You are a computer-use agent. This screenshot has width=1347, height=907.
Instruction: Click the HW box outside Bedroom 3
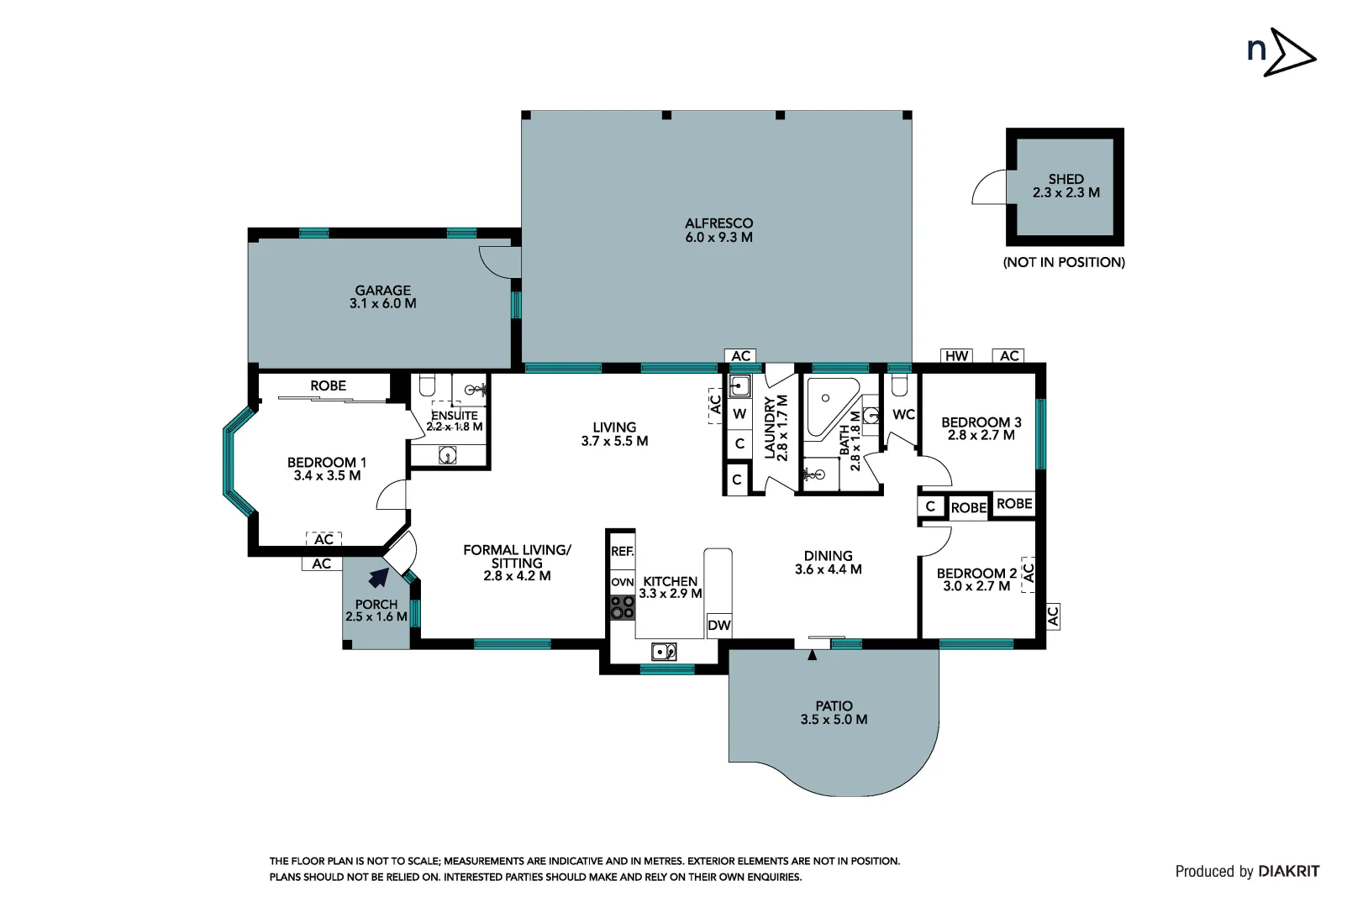tap(956, 356)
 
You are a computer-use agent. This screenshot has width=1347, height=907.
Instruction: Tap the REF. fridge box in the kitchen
tap(622, 551)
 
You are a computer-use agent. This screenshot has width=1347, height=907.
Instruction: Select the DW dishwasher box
tap(719, 625)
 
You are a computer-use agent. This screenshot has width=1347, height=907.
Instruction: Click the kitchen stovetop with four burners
tap(623, 607)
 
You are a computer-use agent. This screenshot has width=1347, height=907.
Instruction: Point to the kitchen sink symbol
tap(664, 651)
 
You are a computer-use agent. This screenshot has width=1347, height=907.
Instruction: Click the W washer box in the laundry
tap(739, 413)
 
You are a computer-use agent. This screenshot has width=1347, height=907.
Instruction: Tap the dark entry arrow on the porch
tap(379, 577)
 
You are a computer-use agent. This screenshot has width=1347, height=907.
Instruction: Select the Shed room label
tap(1065, 179)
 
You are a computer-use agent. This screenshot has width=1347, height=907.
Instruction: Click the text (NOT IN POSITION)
tap(1064, 262)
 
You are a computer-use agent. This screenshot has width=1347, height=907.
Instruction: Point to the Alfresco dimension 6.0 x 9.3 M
tap(718, 238)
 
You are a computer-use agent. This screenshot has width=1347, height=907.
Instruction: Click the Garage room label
tap(382, 290)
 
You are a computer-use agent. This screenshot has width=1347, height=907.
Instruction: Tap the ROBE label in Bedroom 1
tap(328, 385)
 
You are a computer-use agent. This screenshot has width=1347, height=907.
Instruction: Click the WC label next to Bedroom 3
tap(903, 414)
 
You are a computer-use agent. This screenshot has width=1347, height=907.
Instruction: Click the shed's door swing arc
tap(988, 188)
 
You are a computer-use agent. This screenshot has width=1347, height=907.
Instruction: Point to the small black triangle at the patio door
tap(812, 655)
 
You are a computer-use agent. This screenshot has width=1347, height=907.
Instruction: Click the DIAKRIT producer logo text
tap(1288, 872)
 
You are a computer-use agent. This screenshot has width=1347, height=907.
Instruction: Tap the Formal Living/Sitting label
tap(517, 556)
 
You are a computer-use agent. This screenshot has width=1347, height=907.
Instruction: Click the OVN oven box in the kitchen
tap(622, 582)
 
